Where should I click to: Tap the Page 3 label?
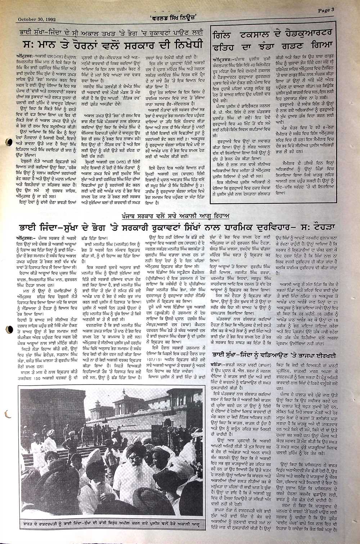tap(326, 10)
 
